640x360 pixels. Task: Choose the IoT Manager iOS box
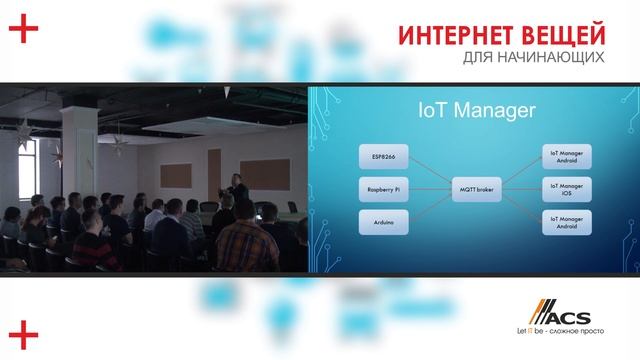(x=567, y=186)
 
